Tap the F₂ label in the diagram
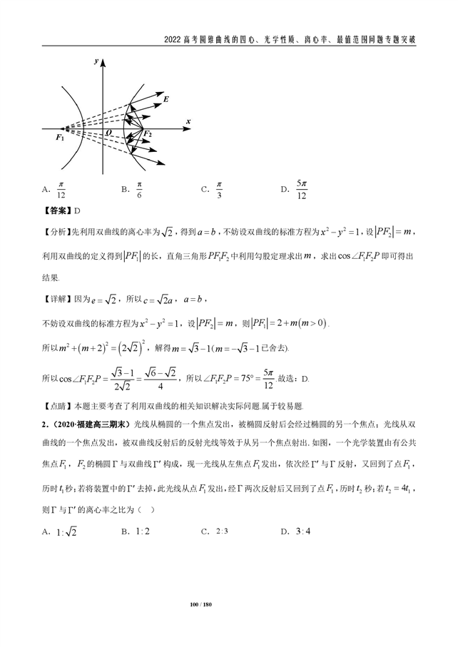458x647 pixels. tap(147, 133)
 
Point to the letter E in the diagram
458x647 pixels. tap(166, 99)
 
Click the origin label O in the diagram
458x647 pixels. tap(108, 133)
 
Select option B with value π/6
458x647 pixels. tap(133, 190)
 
